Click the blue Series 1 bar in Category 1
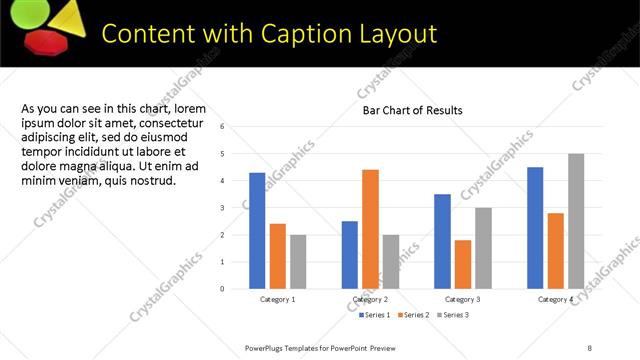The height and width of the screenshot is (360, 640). tap(257, 231)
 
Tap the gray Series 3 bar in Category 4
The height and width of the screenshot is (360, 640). tap(575, 221)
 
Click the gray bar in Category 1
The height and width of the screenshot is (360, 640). tap(297, 261)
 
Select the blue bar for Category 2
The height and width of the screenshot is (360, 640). tap(350, 255)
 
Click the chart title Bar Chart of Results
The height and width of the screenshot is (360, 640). tap(412, 110)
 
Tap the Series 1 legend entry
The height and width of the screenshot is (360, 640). tap(375, 315)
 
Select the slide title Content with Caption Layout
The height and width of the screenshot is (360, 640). tap(270, 34)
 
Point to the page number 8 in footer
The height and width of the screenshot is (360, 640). tap(590, 347)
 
